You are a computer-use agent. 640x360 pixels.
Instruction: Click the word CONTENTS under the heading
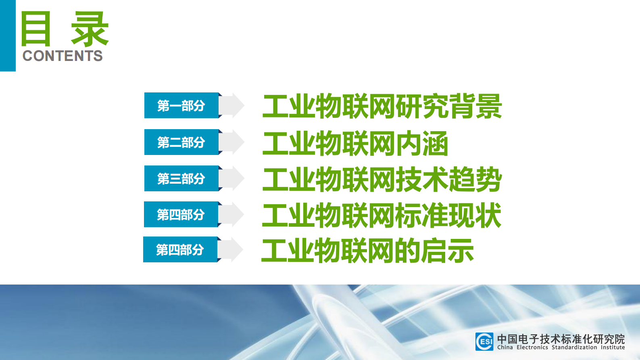(63, 56)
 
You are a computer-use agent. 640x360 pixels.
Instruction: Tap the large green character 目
(36, 29)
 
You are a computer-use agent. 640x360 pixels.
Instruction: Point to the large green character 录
(90, 29)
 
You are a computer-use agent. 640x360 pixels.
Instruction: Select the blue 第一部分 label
(181, 106)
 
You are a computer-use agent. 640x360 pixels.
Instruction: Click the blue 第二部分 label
(181, 142)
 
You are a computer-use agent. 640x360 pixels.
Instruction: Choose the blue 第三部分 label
(181, 178)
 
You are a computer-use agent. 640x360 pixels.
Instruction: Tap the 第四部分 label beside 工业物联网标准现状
(181, 214)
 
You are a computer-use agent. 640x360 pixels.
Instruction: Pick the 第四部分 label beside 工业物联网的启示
(180, 250)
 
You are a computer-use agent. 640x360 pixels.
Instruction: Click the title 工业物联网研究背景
(382, 107)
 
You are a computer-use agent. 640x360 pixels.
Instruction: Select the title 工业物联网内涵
(355, 143)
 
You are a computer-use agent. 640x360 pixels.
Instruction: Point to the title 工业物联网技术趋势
(382, 179)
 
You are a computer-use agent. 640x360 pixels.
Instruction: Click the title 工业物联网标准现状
(381, 215)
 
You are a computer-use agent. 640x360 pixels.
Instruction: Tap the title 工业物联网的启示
(367, 251)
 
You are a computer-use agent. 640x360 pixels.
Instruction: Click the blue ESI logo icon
(484, 341)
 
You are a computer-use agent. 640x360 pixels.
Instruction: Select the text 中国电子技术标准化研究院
(561, 339)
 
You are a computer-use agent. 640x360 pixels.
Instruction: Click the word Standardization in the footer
(574, 347)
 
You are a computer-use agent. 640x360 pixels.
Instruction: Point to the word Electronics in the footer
(532, 347)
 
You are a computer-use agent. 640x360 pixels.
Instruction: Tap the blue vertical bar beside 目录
(8, 36)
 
